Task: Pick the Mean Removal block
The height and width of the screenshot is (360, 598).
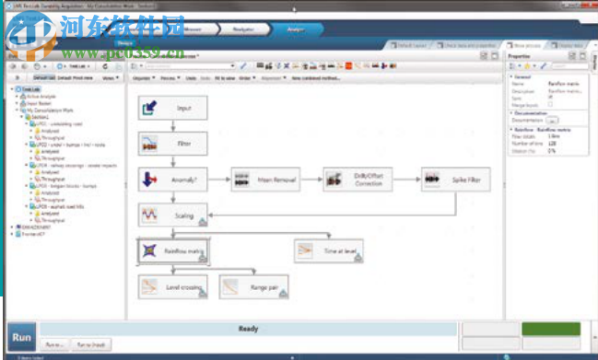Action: (x=266, y=180)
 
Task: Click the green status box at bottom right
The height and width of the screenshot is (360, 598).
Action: (x=550, y=329)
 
